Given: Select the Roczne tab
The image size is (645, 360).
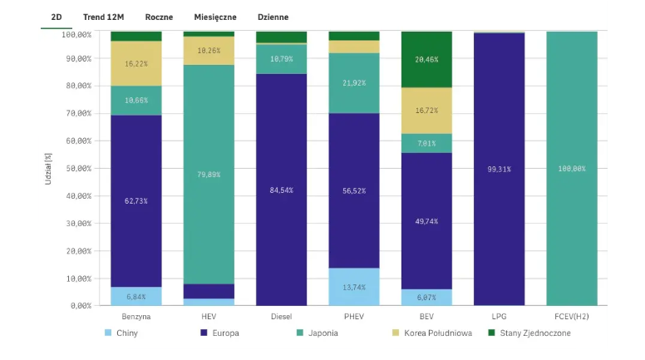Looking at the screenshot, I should coord(158,17).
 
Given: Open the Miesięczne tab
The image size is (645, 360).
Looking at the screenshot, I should coord(214,17).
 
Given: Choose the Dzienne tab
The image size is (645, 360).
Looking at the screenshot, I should coord(273,17).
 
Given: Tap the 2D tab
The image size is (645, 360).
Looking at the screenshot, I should coord(56,17).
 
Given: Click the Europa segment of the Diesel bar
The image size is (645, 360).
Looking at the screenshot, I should coord(281,190).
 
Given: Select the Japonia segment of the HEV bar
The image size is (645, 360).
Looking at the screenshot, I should coord(209,175).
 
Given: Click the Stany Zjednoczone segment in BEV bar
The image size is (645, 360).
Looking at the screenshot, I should coord(426,60).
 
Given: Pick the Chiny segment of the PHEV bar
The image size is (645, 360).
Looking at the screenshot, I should coord(354,287).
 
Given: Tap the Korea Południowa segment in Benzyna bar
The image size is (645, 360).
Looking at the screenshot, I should coord(136,63).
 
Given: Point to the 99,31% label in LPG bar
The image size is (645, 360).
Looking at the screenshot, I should coord(499,169).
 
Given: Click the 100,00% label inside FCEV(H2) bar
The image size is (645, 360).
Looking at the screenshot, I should coord(571,169).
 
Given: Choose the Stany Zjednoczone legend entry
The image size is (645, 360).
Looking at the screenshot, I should coord(534,333).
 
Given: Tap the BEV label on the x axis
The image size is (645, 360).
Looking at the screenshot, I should coord(426,317).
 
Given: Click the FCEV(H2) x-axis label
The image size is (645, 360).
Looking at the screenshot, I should coord(571,317).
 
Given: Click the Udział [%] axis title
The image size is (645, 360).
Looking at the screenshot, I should coord(49,169).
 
